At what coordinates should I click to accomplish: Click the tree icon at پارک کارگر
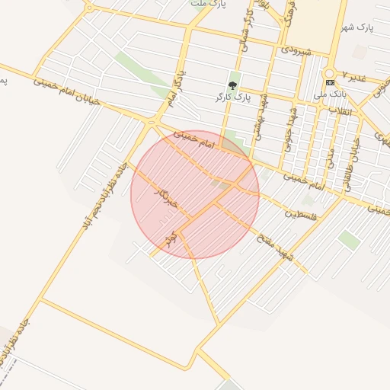232,85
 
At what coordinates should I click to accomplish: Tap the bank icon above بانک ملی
329,82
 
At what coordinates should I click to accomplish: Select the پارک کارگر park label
232,98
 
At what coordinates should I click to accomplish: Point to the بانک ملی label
329,94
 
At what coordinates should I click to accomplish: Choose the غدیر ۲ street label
354,78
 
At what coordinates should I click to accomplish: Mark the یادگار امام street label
174,90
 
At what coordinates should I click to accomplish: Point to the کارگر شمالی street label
246,32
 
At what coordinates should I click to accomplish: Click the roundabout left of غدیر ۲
330,75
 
